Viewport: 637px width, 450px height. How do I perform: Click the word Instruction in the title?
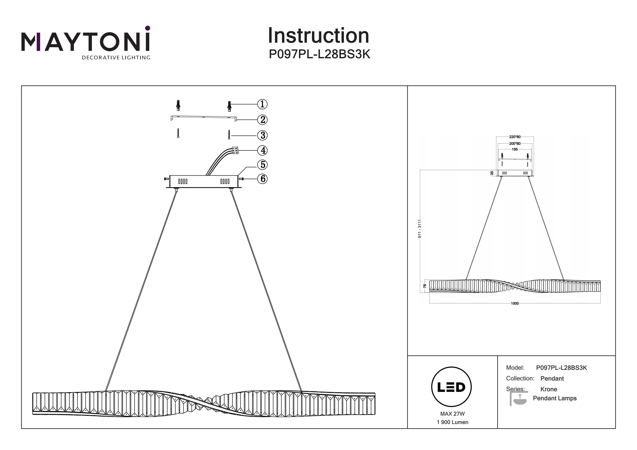click(318, 36)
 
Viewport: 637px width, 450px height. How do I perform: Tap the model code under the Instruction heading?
click(319, 54)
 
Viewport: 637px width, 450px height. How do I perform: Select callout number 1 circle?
click(262, 104)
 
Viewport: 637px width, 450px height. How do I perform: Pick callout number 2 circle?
click(262, 120)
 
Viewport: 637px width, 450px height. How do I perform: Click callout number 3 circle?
click(262, 135)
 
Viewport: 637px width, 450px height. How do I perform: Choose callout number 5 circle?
click(262, 165)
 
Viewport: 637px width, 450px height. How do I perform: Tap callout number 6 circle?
click(262, 179)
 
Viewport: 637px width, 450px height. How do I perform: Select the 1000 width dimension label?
click(515, 303)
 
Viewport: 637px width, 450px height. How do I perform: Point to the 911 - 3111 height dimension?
click(420, 229)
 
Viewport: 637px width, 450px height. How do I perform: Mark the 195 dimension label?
click(515, 149)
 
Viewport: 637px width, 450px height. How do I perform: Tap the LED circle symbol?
click(451, 387)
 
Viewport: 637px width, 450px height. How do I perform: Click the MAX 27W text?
click(452, 414)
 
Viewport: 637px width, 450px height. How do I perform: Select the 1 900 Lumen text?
click(452, 422)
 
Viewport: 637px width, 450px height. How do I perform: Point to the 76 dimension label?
click(425, 286)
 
